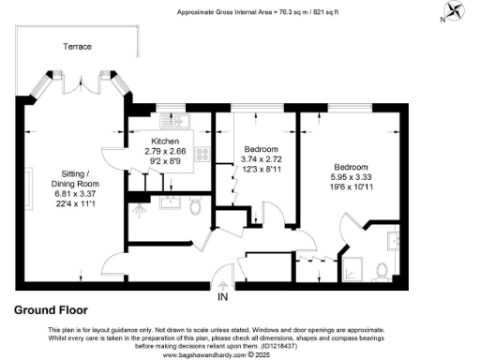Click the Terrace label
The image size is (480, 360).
tap(77, 44)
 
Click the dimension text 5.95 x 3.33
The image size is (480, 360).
tap(351, 174)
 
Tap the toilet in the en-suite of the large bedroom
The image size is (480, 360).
tap(382, 272)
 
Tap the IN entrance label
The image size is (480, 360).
tap(222, 297)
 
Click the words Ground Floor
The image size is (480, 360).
tap(51, 309)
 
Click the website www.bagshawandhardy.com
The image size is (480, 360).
tap(207, 355)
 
